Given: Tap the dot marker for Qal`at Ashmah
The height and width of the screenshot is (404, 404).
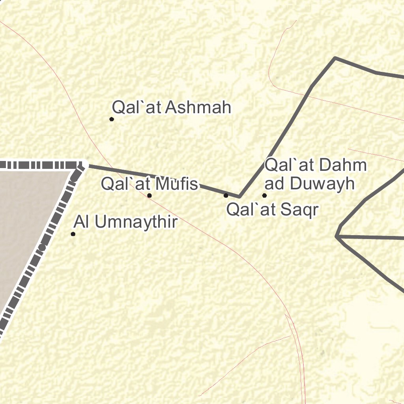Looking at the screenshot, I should click(x=112, y=119).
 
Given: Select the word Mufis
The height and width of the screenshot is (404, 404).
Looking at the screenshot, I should click(x=177, y=184).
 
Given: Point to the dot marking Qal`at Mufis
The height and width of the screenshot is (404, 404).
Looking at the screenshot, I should click(x=150, y=195).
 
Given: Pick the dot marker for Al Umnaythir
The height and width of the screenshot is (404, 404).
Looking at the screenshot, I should click(x=73, y=234).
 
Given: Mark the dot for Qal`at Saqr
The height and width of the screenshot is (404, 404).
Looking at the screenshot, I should click(x=226, y=195).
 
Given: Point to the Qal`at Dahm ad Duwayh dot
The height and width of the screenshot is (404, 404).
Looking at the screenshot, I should click(x=264, y=195).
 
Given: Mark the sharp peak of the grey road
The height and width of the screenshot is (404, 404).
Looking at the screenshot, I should click(x=335, y=58).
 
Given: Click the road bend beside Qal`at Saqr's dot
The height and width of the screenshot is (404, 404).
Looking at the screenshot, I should click(x=239, y=196).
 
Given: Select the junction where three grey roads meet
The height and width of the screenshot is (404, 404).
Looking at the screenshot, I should click(x=337, y=236).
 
